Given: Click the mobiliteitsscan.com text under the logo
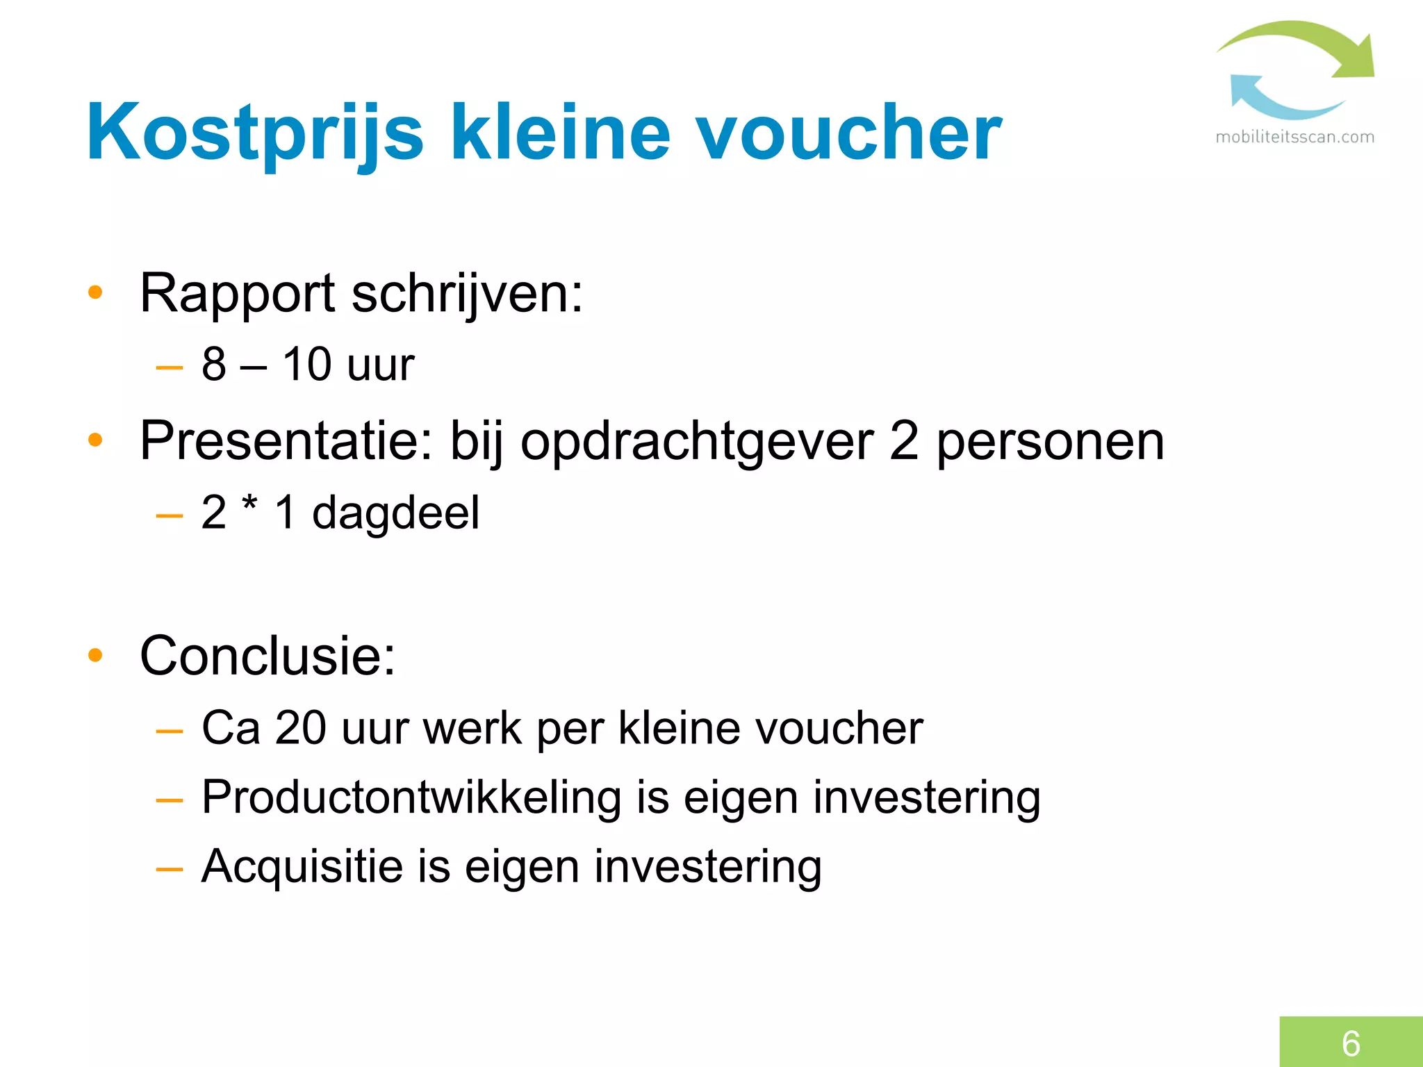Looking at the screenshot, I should (x=1294, y=138).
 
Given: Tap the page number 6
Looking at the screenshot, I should (x=1351, y=1043).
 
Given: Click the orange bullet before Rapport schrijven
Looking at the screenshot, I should (x=95, y=293).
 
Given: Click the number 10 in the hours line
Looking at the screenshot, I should (x=306, y=364).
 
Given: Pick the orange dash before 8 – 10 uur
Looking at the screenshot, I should (x=170, y=367).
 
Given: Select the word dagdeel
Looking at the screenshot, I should (x=395, y=513).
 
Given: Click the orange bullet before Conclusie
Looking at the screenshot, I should (x=95, y=655).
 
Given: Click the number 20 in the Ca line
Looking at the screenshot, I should (x=300, y=728).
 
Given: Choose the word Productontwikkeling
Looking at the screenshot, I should (x=411, y=797).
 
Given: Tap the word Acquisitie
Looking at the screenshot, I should (x=302, y=867).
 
